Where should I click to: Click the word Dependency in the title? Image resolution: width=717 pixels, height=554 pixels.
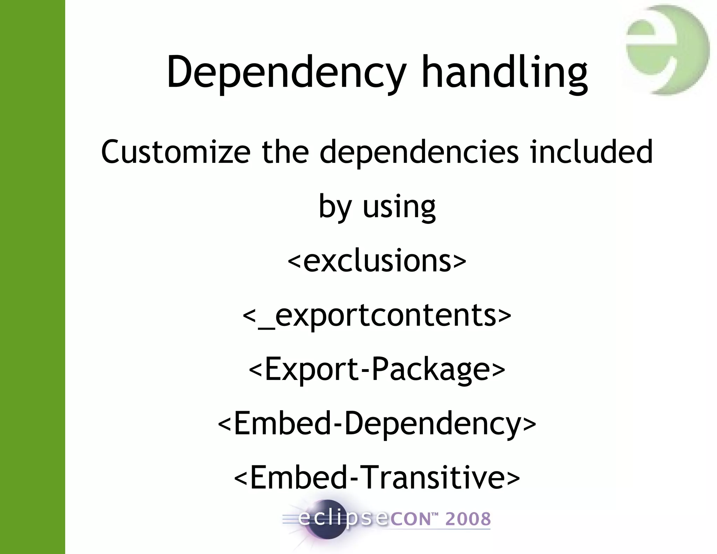(286, 73)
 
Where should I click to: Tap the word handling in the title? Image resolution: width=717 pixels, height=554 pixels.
(504, 73)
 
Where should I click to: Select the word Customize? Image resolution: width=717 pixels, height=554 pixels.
(176, 152)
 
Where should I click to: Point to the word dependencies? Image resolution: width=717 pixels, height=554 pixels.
(419, 152)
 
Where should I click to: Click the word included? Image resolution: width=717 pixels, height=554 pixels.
(591, 151)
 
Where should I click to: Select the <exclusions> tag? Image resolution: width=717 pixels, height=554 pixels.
(377, 261)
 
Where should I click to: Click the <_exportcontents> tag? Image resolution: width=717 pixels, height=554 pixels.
(377, 315)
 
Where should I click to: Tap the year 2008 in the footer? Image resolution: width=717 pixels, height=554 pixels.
(468, 519)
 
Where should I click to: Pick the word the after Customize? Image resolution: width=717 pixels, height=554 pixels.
(285, 151)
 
